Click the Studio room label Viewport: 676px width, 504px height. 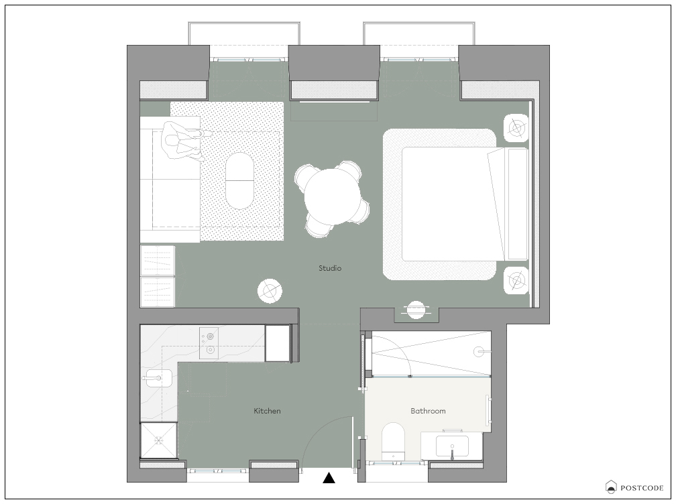pyautogui.click(x=330, y=268)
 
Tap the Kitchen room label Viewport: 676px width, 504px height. pyautogui.click(x=267, y=411)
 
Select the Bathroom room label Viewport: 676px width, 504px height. pyautogui.click(x=428, y=411)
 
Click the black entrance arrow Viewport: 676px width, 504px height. pyautogui.click(x=329, y=478)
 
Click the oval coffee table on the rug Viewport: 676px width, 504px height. pyautogui.click(x=239, y=181)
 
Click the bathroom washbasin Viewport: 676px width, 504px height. pyautogui.click(x=452, y=446)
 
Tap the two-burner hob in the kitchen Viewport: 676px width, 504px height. pyautogui.click(x=209, y=343)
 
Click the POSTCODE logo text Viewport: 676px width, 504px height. pyautogui.click(x=642, y=488)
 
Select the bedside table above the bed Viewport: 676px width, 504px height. pyautogui.click(x=516, y=128)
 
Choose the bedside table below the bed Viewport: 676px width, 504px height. pyautogui.click(x=516, y=280)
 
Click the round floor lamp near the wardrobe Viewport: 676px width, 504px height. pyautogui.click(x=270, y=291)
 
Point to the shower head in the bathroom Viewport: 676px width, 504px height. pyautogui.click(x=479, y=351)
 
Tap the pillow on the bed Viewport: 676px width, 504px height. pyautogui.click(x=518, y=204)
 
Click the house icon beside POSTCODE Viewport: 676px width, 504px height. pyautogui.click(x=611, y=487)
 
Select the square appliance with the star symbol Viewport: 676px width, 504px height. pyautogui.click(x=159, y=440)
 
